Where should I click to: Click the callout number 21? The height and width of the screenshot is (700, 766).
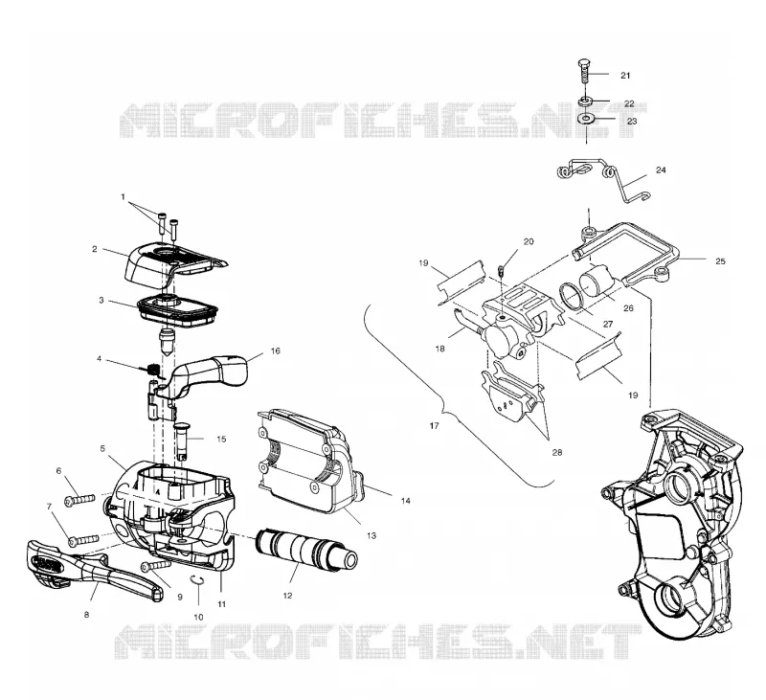pyautogui.click(x=625, y=76)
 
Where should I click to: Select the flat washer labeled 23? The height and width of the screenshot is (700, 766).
pyautogui.click(x=586, y=119)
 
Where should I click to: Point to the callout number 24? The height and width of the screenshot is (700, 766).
pyautogui.click(x=661, y=170)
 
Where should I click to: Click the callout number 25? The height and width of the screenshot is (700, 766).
pyautogui.click(x=720, y=261)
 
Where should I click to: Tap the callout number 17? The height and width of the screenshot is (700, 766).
pyautogui.click(x=435, y=426)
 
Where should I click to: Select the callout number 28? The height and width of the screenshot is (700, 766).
pyautogui.click(x=557, y=452)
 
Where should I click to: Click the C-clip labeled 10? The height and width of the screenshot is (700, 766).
pyautogui.click(x=197, y=580)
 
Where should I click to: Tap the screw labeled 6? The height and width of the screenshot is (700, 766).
pyautogui.click(x=79, y=500)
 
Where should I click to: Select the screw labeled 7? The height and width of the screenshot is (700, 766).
pyautogui.click(x=83, y=540)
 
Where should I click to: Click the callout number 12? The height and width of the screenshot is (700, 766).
pyautogui.click(x=287, y=596)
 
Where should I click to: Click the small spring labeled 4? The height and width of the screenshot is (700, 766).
pyautogui.click(x=154, y=371)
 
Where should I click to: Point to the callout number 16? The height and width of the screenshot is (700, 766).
pyautogui.click(x=275, y=350)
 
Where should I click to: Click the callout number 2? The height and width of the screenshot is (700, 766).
pyautogui.click(x=94, y=249)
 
